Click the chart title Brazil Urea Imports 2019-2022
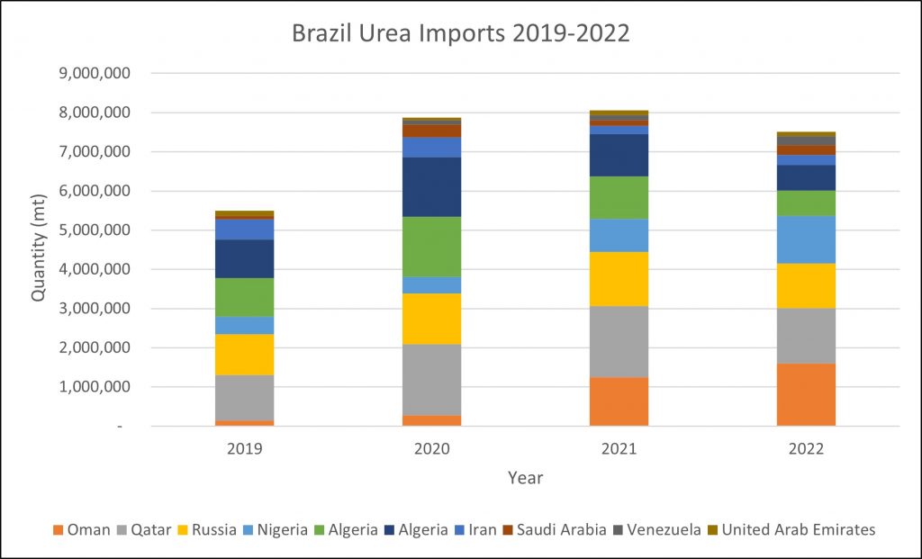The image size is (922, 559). pos(460,33)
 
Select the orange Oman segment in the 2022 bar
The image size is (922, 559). pos(806,394)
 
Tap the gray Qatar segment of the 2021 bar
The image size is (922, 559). pos(619,341)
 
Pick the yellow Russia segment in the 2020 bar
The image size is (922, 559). pos(431,319)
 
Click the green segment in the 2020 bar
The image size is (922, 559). pos(431,247)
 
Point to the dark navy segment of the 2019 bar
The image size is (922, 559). pos(244,258)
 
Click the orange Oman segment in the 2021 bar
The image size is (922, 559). pos(619,401)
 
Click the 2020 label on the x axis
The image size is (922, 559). pos(431,448)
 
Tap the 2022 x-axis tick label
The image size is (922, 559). pos(806,448)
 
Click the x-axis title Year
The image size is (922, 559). pos(525,477)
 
